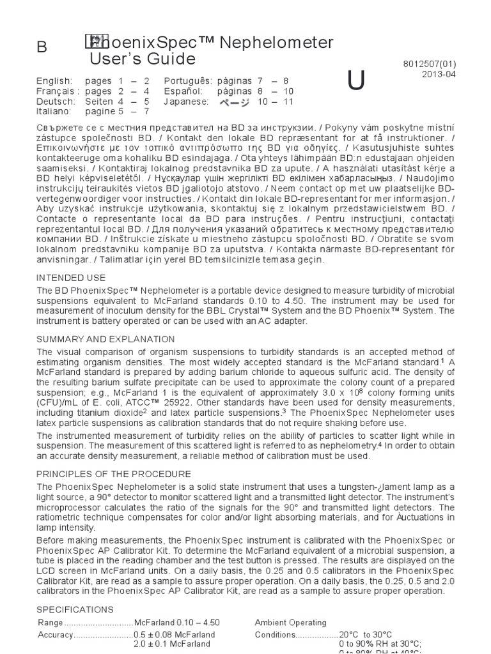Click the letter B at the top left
click(x=42, y=48)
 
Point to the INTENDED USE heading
click(x=71, y=278)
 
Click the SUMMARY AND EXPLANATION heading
click(x=105, y=339)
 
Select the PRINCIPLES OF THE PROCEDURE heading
click(x=114, y=474)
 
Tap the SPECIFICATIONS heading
click(x=75, y=609)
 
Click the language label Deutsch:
click(x=56, y=101)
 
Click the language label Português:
click(x=188, y=81)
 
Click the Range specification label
click(x=50, y=623)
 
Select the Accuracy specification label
click(x=56, y=635)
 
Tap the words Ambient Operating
click(x=290, y=623)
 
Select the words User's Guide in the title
click(x=143, y=59)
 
